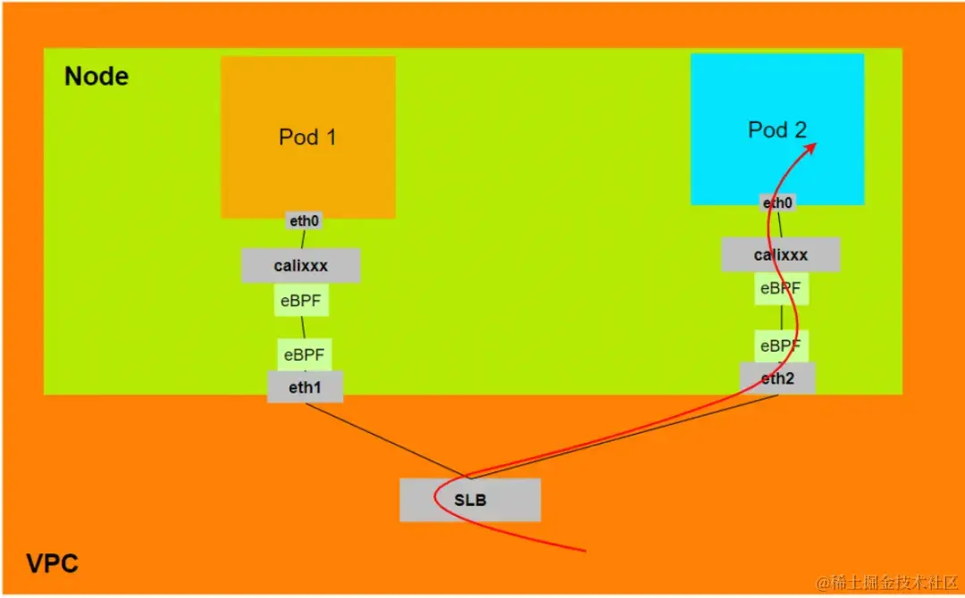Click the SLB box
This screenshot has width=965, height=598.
point(470,500)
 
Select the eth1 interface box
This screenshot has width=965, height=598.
point(305,387)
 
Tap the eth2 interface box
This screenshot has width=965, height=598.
point(777,378)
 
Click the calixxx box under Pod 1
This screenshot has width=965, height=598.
point(300,265)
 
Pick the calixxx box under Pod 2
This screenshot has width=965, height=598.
point(780,254)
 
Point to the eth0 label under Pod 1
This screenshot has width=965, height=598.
point(304,220)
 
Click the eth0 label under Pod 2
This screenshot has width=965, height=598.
point(777,203)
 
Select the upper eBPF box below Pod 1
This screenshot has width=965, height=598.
point(302,300)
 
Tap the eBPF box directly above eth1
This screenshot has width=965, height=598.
point(304,354)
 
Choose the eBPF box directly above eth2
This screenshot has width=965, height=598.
point(780,345)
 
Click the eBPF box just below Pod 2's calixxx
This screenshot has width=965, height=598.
point(780,288)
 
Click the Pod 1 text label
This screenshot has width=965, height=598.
point(307,137)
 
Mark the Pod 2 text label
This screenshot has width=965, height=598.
point(776,129)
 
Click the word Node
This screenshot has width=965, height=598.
point(96,77)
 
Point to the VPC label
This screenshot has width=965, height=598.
point(51,564)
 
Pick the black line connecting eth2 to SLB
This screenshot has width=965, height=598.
point(625,436)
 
